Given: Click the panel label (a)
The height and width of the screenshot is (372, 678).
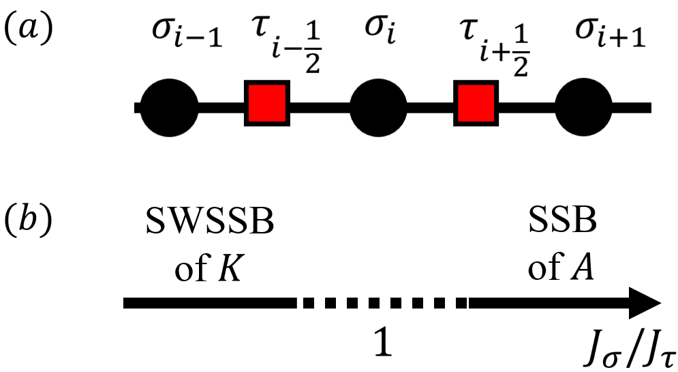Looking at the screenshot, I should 28,32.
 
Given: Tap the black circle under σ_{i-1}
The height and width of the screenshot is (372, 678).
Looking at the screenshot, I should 169,107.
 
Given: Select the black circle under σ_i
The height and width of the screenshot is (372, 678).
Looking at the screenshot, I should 378,107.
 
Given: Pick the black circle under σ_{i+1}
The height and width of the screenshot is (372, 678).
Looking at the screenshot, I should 585,107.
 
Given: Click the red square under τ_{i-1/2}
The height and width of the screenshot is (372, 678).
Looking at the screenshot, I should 268,106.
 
